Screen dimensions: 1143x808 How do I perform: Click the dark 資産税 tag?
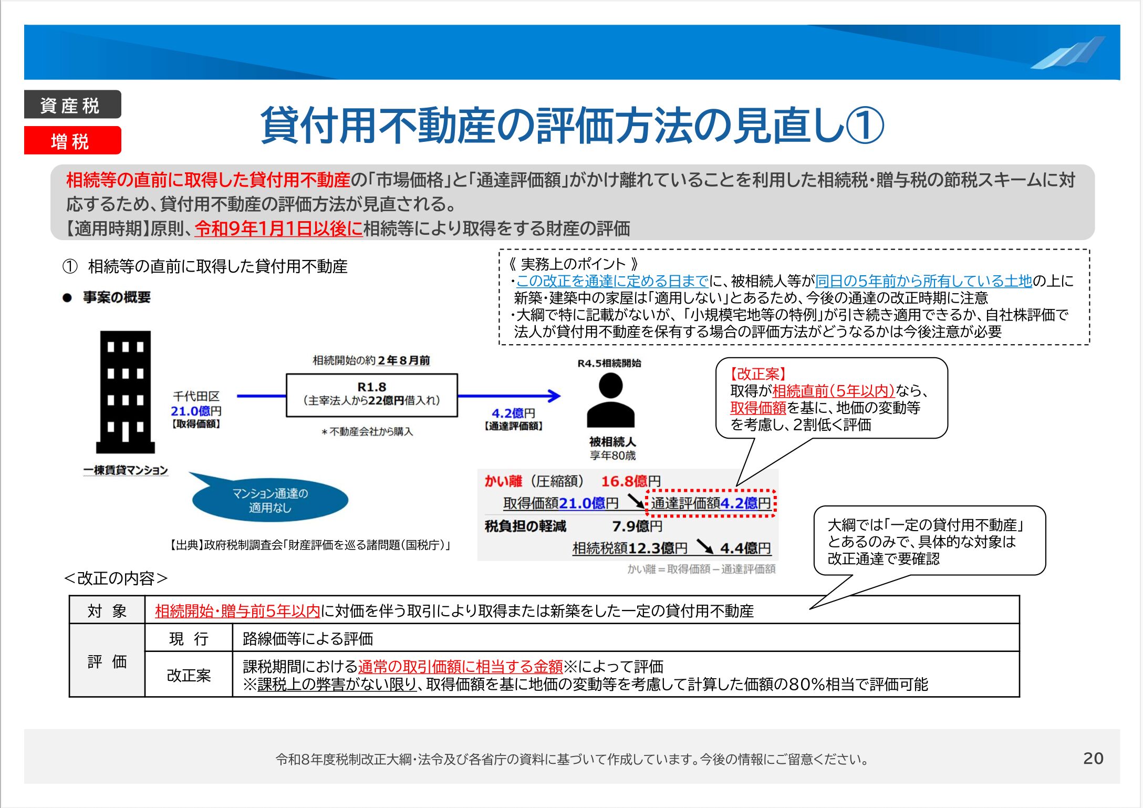pos(72,105)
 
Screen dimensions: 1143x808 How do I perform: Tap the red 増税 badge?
pos(72,140)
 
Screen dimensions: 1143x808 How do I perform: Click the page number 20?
pos(1093,758)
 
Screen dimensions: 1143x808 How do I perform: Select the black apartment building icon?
pos(126,392)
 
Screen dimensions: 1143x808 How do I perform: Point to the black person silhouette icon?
pos(610,400)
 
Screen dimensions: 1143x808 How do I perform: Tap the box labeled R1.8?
pos(372,395)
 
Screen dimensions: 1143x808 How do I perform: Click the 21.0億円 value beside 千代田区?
pos(196,411)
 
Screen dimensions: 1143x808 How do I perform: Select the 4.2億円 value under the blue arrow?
pos(513,413)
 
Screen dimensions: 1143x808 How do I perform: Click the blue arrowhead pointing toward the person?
pos(554,396)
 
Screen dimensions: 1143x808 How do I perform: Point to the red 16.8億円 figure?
pos(631,481)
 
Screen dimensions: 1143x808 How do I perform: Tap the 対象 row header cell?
pos(107,610)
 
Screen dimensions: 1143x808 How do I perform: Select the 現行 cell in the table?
pos(189,638)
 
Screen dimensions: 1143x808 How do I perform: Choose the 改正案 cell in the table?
pos(189,675)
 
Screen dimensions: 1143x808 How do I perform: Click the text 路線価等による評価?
pos(308,638)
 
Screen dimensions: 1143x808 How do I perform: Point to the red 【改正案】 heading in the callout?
pos(758,374)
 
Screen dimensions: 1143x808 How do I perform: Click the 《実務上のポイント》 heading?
pos(573,264)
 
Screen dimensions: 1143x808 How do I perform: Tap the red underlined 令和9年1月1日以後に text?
pos(278,229)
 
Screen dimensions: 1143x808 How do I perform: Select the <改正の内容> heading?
pos(116,578)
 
